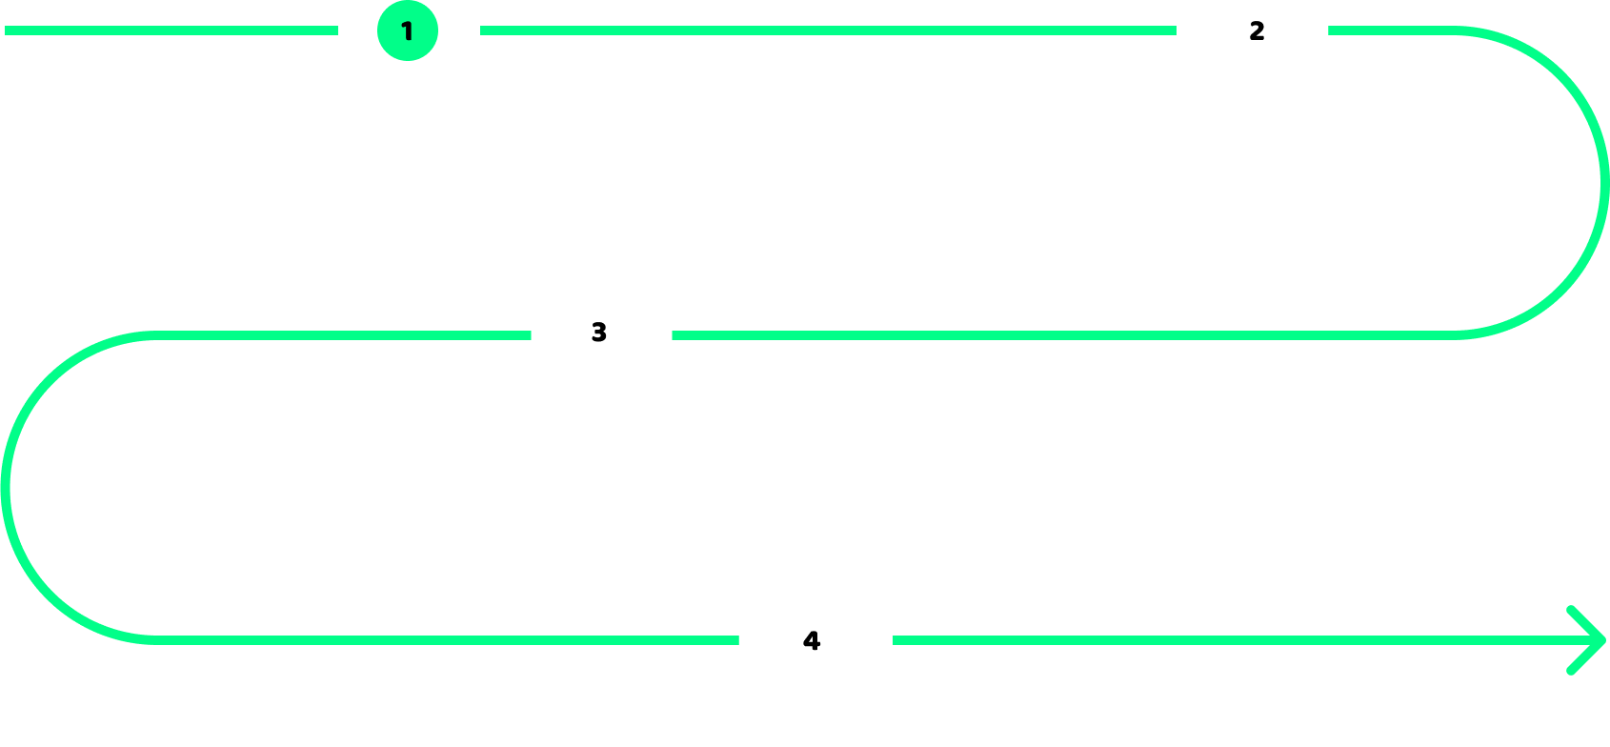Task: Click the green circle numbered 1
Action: (408, 30)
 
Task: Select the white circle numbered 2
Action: (1258, 30)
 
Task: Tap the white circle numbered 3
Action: (599, 332)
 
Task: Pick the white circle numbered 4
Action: (813, 640)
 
